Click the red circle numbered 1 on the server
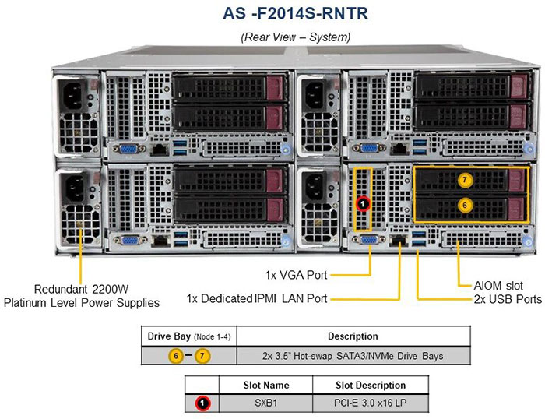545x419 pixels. pyautogui.click(x=363, y=203)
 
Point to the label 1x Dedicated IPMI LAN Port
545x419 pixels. pyautogui.click(x=257, y=298)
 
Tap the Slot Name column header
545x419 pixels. pyautogui.click(x=265, y=385)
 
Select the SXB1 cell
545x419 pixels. pyautogui.click(x=265, y=403)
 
